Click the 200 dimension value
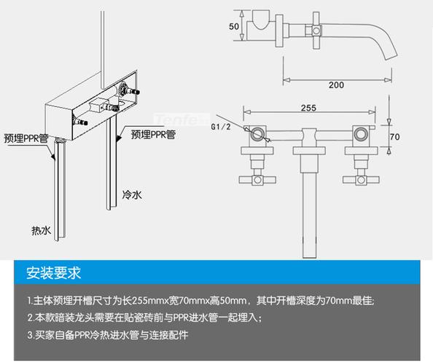[335, 85]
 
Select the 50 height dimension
[233, 26]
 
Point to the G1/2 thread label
[221, 127]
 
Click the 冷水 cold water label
[131, 196]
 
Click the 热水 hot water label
[41, 230]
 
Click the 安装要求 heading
[53, 274]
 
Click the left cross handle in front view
[257, 178]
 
